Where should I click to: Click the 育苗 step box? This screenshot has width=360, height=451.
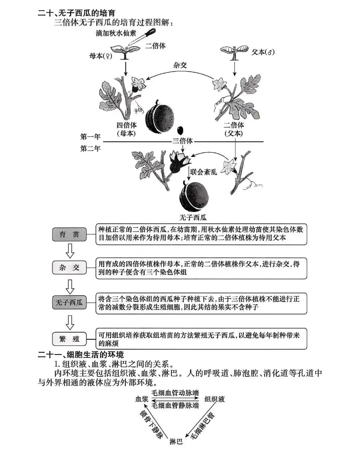(x=69, y=234)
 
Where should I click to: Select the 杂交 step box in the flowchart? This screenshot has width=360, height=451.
(x=69, y=267)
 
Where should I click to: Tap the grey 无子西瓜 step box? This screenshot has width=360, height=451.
(x=69, y=303)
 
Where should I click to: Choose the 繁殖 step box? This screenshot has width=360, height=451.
(x=69, y=339)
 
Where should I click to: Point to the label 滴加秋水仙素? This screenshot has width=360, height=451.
(x=116, y=33)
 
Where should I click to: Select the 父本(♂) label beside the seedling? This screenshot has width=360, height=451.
(x=263, y=52)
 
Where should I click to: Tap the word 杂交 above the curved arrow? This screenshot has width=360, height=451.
(x=180, y=65)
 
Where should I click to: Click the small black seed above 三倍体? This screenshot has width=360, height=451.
(x=180, y=130)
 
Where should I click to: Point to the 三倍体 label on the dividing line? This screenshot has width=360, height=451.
(x=182, y=141)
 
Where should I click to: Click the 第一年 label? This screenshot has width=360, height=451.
(x=90, y=137)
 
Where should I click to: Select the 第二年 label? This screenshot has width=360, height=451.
(x=90, y=148)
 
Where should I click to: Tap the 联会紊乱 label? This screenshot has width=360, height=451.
(x=203, y=172)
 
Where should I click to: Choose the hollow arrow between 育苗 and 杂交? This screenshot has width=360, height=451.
(x=70, y=251)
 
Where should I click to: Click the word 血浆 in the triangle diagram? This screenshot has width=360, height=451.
(x=141, y=399)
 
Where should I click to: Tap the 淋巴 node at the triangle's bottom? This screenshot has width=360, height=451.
(x=176, y=442)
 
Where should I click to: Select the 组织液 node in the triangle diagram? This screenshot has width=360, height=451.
(x=214, y=399)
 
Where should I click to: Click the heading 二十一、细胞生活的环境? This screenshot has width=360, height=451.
(x=81, y=354)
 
